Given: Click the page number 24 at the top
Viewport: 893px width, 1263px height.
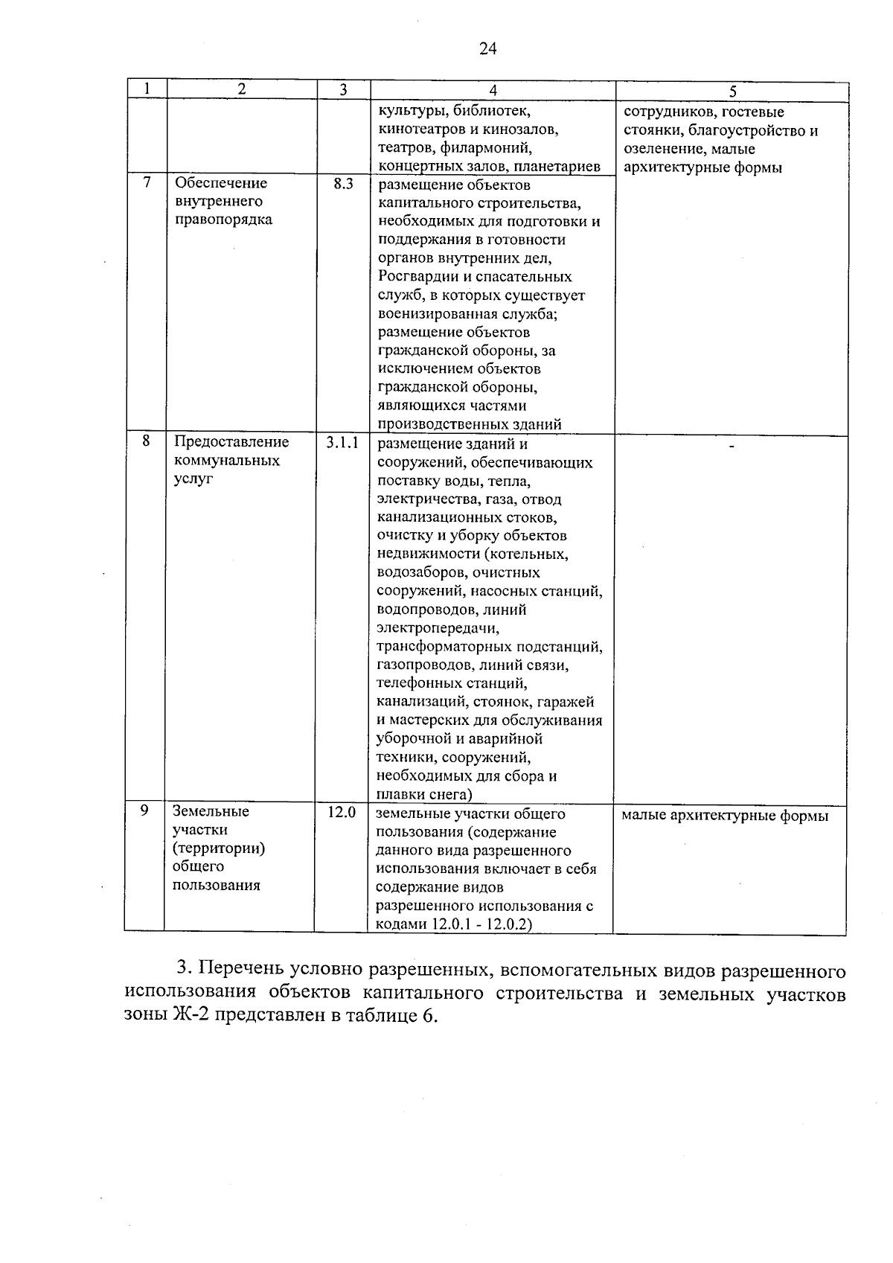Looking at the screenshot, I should click(487, 49).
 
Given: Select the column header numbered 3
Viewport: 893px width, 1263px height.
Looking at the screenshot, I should click(343, 90).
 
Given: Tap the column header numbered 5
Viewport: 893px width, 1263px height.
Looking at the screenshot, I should click(732, 92).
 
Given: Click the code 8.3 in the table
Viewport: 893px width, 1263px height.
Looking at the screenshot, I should click(343, 184).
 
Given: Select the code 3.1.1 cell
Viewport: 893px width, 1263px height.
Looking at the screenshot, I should click(342, 442).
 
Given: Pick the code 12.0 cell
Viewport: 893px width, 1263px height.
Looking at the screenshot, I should click(342, 812).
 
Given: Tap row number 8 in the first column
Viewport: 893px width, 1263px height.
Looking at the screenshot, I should click(147, 441).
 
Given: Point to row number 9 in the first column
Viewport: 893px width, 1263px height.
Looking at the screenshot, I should click(145, 810).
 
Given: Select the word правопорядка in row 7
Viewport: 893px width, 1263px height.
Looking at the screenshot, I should click(223, 220).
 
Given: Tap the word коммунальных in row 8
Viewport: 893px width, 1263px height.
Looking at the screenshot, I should click(227, 461).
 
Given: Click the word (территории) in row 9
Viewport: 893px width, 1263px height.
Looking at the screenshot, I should click(219, 848).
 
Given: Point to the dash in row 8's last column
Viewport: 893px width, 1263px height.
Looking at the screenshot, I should click(732, 447).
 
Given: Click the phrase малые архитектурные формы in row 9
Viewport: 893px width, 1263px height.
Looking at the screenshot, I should click(724, 816).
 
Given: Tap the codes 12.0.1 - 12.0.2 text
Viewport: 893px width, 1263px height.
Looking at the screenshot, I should click(482, 924).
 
